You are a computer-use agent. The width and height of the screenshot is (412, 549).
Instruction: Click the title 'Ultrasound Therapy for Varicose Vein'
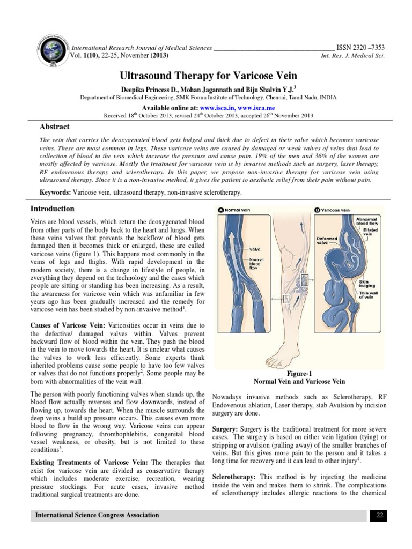206,76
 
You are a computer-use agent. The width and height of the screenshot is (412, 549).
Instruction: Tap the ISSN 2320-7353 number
360,47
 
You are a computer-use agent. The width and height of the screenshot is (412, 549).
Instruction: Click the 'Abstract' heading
55,127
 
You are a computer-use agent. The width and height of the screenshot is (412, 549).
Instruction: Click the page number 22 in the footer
379,515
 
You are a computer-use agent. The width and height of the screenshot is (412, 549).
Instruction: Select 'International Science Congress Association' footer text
97,515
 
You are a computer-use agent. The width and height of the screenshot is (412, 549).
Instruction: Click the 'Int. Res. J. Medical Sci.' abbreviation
352,56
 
